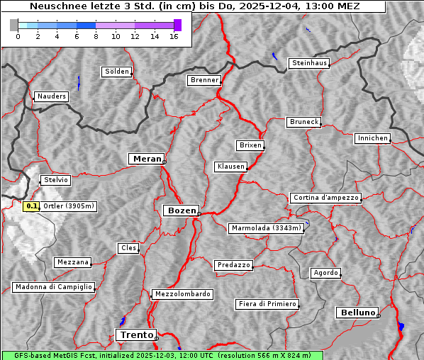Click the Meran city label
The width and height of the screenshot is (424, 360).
(147, 159)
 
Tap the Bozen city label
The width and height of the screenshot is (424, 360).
(180, 210)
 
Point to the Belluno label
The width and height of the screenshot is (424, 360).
(357, 312)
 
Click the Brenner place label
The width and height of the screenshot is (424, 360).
(204, 80)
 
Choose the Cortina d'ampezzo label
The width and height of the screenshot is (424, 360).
(325, 198)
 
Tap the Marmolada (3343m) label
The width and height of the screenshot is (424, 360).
(267, 228)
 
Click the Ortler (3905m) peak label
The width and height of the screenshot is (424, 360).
(69, 206)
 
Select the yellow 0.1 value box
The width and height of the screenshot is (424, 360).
(31, 206)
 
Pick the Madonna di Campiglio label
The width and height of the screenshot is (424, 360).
(53, 287)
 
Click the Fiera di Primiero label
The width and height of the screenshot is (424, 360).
(267, 304)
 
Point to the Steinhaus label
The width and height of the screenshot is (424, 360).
(309, 63)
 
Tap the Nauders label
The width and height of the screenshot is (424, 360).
(50, 96)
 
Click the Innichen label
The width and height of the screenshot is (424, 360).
(372, 138)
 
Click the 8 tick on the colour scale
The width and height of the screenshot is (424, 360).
(96, 37)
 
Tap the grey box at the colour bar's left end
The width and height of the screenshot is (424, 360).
(14, 25)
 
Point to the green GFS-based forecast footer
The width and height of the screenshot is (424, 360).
(162, 355)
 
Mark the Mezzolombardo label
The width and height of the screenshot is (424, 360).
(182, 293)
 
